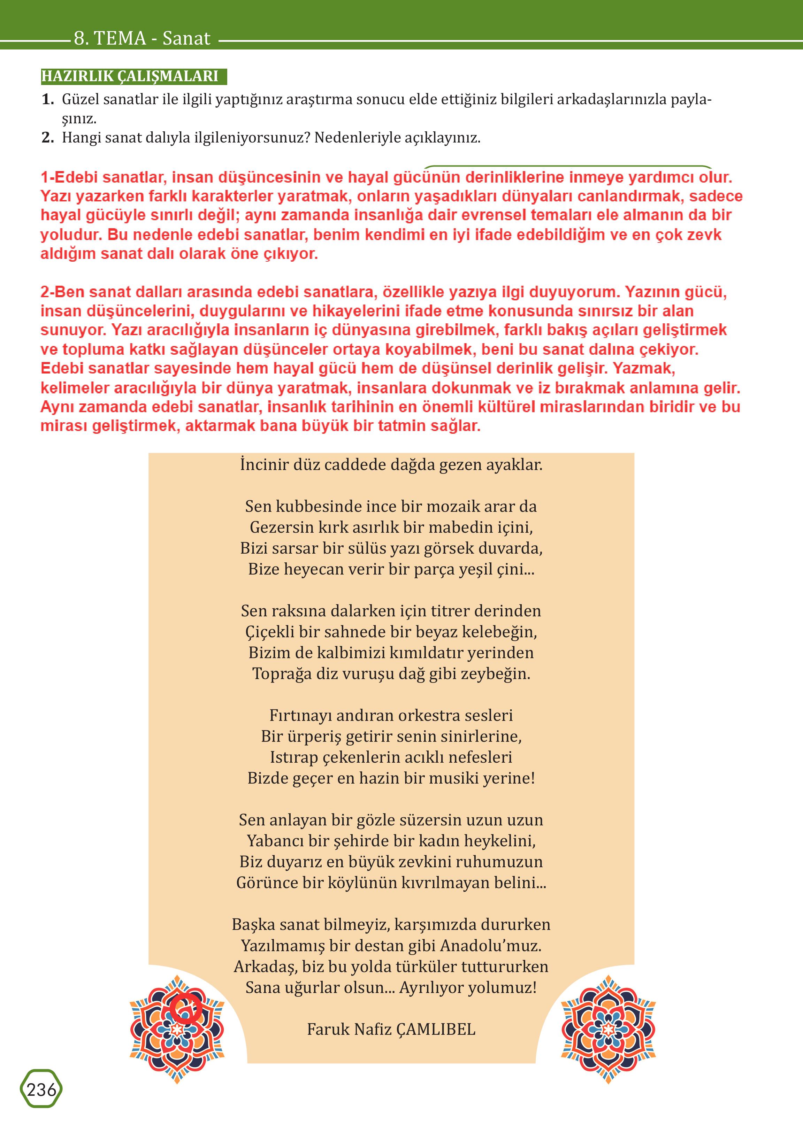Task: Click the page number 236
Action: click(x=41, y=1089)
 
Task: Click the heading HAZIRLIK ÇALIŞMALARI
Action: click(x=130, y=76)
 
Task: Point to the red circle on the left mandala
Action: click(x=185, y=1008)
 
